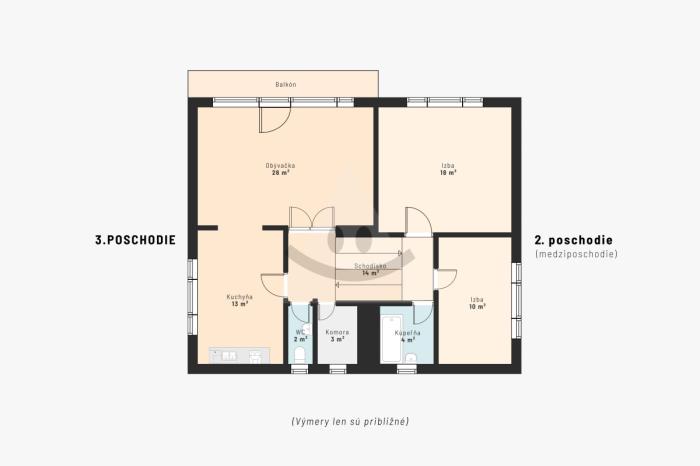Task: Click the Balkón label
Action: (x=286, y=84)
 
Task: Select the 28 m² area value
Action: (x=280, y=172)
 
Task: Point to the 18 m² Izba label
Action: (x=448, y=169)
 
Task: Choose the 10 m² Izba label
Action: (x=477, y=303)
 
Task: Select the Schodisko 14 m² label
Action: (x=371, y=269)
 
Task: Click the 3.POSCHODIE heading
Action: (x=135, y=240)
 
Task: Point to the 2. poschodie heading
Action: (x=574, y=240)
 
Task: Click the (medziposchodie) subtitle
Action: (x=576, y=254)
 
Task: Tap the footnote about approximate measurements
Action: (x=350, y=421)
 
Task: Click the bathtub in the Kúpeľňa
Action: (x=392, y=339)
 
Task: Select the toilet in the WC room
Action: (x=300, y=355)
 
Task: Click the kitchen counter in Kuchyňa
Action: (x=240, y=355)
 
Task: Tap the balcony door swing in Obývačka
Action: (x=275, y=120)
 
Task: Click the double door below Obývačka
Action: (x=312, y=218)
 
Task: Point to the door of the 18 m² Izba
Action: (x=418, y=221)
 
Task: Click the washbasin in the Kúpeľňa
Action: (x=411, y=357)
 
